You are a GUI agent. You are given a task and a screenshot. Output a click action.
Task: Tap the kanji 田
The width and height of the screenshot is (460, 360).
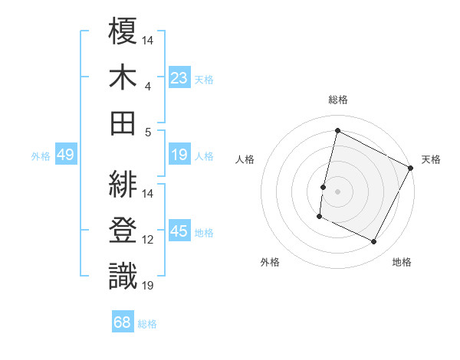tap(123, 122)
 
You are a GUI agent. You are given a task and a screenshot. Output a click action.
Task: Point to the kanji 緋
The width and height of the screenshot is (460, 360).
tap(123, 184)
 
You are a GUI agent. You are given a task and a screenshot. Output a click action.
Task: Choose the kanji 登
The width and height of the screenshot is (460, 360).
tap(123, 230)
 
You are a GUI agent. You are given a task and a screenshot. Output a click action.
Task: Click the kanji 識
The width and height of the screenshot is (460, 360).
tap(123, 276)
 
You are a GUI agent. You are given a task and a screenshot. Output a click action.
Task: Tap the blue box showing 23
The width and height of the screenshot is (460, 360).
tap(179, 77)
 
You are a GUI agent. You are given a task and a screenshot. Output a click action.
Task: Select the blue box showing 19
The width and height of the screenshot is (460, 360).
tap(179, 155)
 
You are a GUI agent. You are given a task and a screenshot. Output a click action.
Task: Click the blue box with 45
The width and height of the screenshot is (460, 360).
tap(179, 231)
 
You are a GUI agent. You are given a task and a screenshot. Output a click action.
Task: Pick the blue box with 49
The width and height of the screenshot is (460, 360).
tap(65, 155)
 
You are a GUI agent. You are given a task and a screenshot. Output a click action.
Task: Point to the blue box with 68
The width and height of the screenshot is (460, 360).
tap(122, 323)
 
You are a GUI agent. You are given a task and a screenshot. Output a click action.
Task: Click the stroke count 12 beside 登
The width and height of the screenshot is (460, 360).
tap(148, 240)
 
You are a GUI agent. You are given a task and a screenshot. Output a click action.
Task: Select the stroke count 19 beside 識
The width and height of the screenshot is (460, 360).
tap(148, 286)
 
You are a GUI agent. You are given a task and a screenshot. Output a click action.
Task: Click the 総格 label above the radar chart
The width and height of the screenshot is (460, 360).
tap(337, 100)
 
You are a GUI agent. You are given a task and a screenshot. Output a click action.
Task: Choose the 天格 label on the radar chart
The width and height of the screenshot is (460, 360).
tap(431, 159)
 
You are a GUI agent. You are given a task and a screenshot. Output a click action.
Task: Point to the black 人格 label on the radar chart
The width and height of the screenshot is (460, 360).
tap(245, 159)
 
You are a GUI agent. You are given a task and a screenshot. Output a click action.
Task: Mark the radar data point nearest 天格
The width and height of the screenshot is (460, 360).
tap(412, 168)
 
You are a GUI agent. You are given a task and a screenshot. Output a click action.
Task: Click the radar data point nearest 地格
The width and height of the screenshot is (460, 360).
tap(374, 242)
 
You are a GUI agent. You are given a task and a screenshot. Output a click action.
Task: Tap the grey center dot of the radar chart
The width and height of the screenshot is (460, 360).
tap(337, 191)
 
